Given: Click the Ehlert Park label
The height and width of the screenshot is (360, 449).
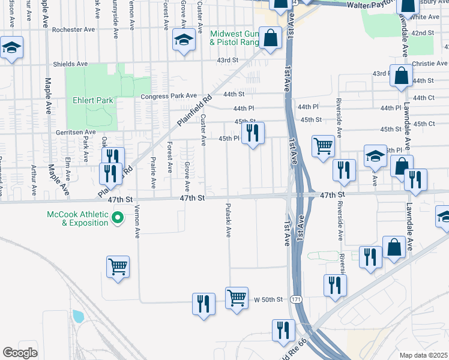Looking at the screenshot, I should coord(92,100).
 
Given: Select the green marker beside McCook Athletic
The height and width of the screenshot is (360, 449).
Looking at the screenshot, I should coord(118,217).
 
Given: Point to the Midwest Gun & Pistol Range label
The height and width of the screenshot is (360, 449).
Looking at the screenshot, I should coord(234,38).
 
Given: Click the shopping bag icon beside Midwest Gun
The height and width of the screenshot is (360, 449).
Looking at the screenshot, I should coord(271,38).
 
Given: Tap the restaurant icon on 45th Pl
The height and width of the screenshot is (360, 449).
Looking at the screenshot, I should coord(252,133).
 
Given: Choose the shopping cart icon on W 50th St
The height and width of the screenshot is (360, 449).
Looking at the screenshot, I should coord(237,298).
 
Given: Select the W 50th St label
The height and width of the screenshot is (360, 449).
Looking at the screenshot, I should coord(268,299).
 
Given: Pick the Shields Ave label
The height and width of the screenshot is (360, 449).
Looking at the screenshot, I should coord(71,64).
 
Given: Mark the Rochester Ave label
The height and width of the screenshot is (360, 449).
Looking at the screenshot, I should coord(74,29).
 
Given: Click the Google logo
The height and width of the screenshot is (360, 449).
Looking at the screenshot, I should coord(20,353).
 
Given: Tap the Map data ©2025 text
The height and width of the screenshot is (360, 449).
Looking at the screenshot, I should coord(424,355).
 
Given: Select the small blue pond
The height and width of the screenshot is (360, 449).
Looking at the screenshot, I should coord(78,316).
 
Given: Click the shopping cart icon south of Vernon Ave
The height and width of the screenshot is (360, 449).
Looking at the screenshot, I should coord(118,267).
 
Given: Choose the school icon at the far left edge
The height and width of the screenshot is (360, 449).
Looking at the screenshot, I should coord(11,48).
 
